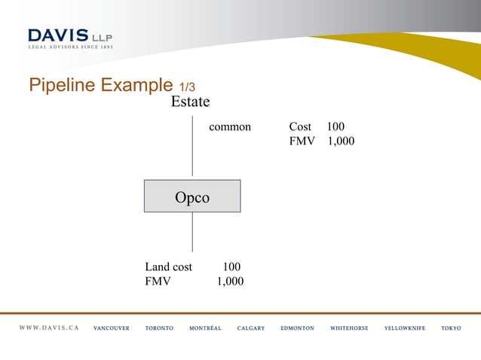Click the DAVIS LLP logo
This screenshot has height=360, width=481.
(x=71, y=38)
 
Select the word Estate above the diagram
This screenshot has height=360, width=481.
(x=190, y=102)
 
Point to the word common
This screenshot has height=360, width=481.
(x=230, y=127)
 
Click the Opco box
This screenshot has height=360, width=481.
(x=192, y=197)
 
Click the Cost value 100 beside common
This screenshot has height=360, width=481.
(x=335, y=127)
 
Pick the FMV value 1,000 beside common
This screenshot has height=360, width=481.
(x=341, y=141)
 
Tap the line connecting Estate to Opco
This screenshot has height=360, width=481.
(x=192, y=147)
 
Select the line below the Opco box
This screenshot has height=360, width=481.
(x=192, y=232)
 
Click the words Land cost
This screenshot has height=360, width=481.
(x=168, y=267)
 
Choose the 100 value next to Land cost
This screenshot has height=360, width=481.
(x=231, y=267)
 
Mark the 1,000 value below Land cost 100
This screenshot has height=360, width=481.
(x=230, y=281)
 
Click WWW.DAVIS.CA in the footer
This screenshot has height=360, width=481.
(x=49, y=328)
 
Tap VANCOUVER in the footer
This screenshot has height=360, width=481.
(x=112, y=328)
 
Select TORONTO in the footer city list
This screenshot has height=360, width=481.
(x=159, y=328)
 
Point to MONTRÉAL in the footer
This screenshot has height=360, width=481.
(x=205, y=328)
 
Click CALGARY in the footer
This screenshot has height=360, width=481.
(x=251, y=328)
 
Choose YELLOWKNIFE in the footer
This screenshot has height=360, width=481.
(x=405, y=328)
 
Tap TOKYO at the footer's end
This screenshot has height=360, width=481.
(x=451, y=328)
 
